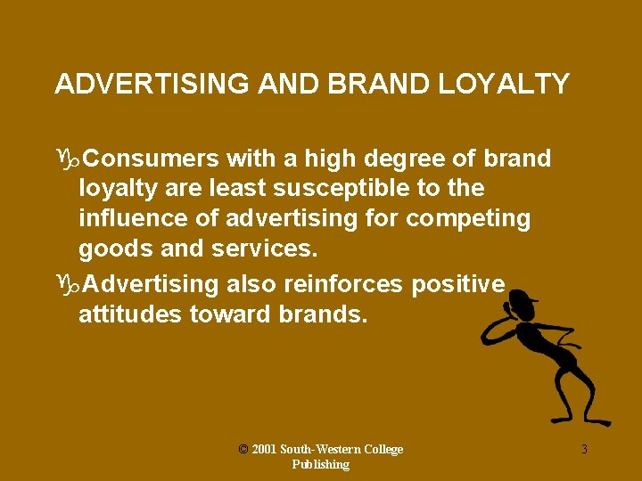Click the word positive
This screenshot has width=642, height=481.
[x=458, y=284]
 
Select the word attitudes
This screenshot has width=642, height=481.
[x=130, y=314]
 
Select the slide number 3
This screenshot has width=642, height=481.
[x=584, y=450]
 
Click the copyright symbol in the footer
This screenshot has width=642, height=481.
[x=243, y=449]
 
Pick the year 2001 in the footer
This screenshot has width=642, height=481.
[x=264, y=450]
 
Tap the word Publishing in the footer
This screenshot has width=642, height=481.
[x=321, y=465]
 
